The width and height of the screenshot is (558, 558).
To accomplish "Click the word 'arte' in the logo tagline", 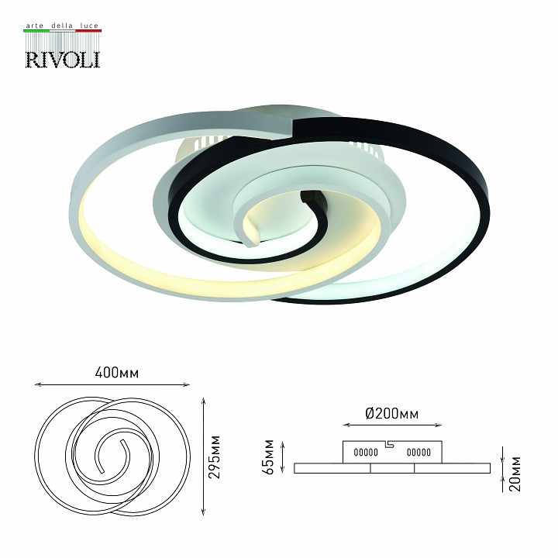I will (x=36, y=26).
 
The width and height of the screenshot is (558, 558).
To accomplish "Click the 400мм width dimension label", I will (x=112, y=373).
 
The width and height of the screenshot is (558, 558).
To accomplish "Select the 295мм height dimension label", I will (x=216, y=456).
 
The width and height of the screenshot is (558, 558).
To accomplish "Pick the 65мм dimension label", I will (x=268, y=457).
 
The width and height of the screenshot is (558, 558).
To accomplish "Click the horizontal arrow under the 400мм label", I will (x=112, y=384).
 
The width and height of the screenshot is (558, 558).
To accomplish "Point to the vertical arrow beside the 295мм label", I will (x=203, y=457).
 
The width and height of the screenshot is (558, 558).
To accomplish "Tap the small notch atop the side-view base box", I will (x=391, y=443).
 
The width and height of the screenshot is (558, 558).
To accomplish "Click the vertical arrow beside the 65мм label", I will (x=283, y=457).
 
